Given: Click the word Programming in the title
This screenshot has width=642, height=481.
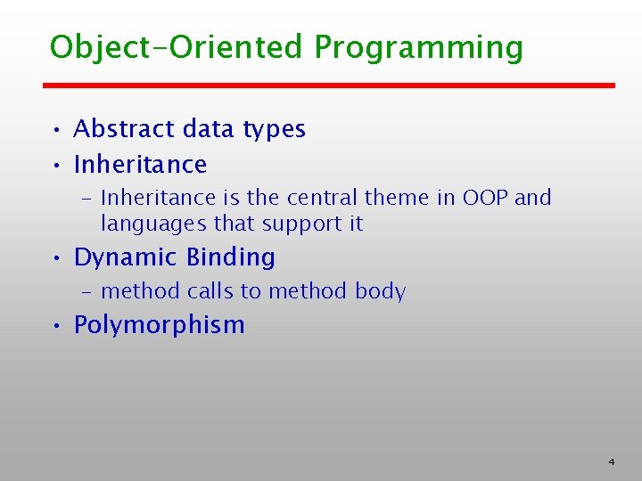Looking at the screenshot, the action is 419,49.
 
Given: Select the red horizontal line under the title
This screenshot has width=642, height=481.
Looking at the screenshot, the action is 329,86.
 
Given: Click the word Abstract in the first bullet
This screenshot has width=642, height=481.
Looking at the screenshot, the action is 125,128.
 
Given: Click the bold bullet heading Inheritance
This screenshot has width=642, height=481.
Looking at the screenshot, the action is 141,165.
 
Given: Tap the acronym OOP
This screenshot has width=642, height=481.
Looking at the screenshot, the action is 485,198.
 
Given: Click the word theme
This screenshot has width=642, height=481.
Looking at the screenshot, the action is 397,198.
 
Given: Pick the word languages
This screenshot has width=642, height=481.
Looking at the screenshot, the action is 154,224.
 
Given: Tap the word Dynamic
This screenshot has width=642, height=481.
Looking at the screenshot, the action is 126,258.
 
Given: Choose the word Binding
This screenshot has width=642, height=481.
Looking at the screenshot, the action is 231,258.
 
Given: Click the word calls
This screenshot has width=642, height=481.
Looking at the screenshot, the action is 210,290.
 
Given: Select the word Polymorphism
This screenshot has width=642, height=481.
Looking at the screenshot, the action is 160,326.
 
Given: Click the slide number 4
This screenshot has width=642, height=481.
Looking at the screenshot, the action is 612,461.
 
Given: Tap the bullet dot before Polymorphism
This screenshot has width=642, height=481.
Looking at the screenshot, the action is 56,326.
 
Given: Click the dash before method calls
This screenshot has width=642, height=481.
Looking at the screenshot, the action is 86,293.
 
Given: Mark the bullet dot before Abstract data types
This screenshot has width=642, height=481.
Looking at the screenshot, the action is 56,130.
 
